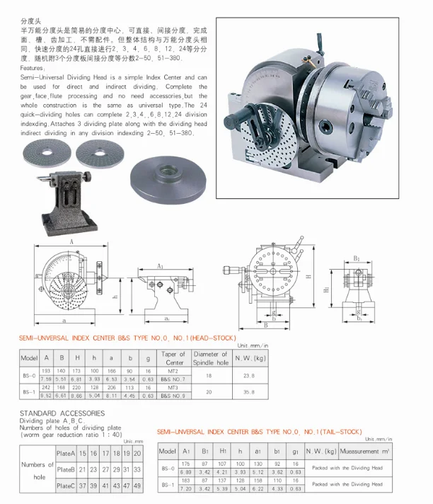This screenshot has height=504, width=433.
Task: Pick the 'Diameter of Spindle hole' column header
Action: pos(211,358)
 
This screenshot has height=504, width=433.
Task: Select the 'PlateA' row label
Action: pos(66,452)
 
